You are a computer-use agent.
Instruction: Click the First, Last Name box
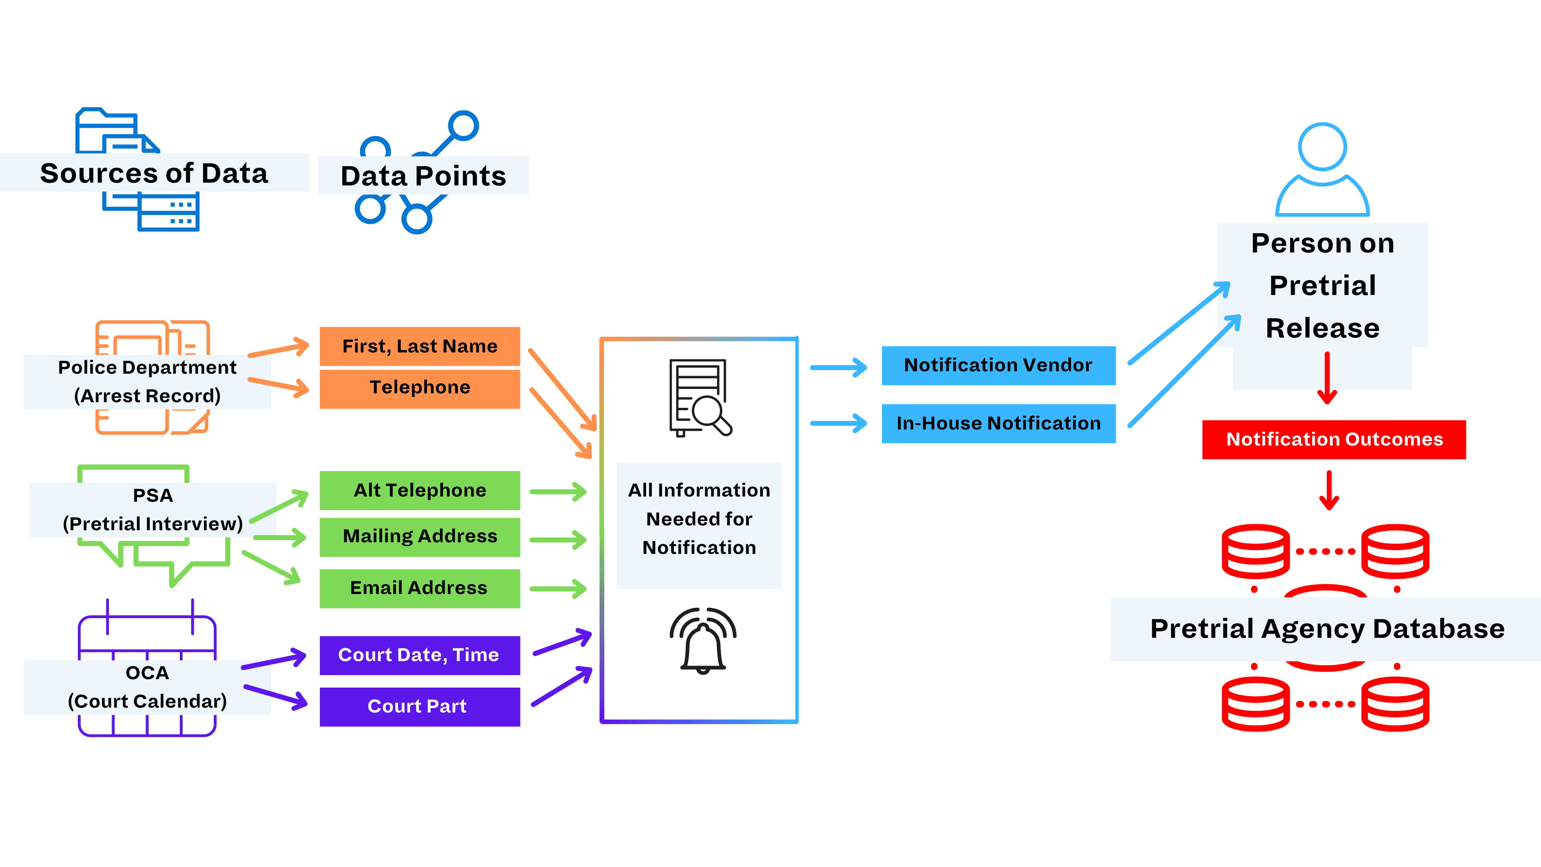click(x=419, y=346)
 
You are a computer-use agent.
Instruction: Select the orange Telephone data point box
click(x=419, y=388)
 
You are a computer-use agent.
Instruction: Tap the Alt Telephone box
click(x=419, y=490)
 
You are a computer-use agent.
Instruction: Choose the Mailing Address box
click(x=419, y=536)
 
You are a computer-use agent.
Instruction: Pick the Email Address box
click(x=419, y=588)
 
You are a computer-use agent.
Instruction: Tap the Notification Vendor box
click(x=998, y=365)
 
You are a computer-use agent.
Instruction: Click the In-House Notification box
click(x=998, y=423)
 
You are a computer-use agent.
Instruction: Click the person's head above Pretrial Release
click(x=1322, y=147)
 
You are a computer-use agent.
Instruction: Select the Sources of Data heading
click(x=155, y=173)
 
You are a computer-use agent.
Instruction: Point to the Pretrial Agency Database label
click(x=1326, y=629)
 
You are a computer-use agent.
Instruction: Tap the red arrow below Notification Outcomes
click(x=1329, y=490)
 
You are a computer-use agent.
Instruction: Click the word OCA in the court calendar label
click(x=147, y=673)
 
